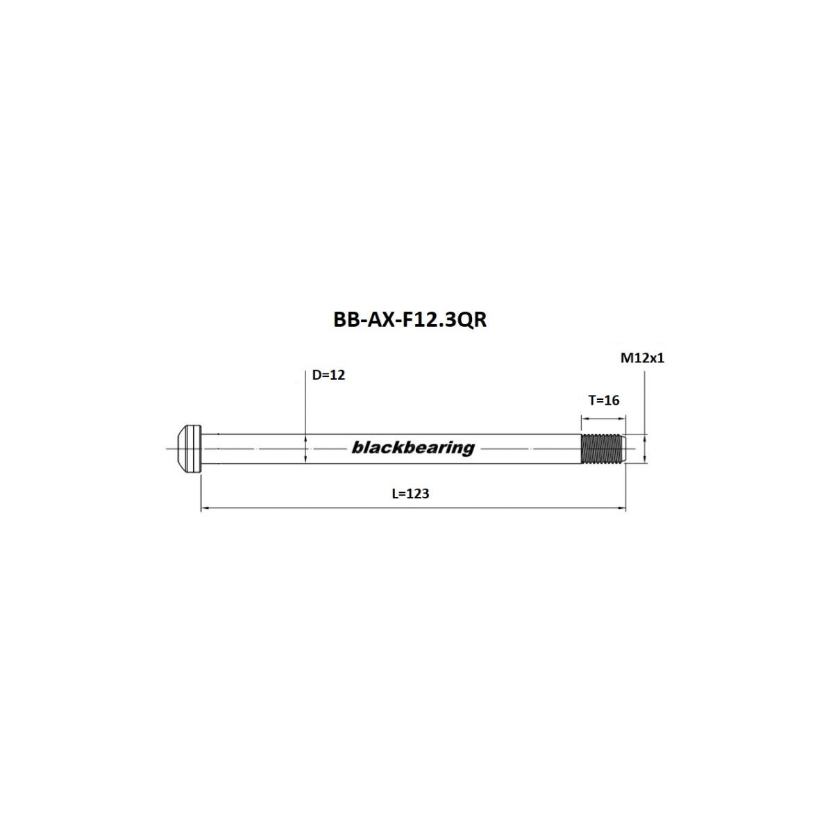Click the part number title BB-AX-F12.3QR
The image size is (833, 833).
410,320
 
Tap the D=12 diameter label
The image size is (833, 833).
328,375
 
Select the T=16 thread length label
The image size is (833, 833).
603,400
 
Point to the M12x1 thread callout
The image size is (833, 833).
643,358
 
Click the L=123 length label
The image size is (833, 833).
410,494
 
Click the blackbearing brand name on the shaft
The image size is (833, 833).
413,448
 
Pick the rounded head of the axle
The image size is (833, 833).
187,448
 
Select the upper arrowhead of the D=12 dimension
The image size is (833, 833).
305,438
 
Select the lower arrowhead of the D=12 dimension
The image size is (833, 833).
305,460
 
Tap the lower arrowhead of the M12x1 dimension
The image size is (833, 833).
645,459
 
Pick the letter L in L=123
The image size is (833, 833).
395,494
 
